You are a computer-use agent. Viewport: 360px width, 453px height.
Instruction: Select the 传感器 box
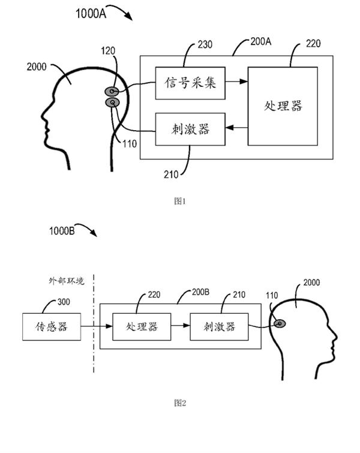(50, 327)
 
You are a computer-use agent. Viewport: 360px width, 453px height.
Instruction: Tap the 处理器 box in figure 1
(283, 106)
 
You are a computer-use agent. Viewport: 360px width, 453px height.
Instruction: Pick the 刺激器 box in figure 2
(219, 327)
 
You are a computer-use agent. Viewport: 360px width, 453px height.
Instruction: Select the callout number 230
(205, 44)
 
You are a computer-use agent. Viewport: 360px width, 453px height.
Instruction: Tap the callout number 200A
(260, 42)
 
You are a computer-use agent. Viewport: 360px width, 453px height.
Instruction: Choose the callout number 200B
(200, 293)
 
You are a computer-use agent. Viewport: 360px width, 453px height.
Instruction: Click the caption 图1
(180, 202)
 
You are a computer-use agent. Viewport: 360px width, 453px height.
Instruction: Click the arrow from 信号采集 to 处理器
(236, 80)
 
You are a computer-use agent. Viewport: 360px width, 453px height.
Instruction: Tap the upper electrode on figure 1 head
(112, 92)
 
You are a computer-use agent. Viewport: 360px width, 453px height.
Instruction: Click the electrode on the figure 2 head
(280, 324)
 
